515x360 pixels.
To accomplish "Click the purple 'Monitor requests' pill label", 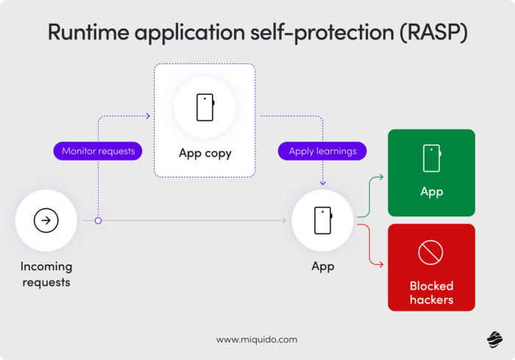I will coord(98,151).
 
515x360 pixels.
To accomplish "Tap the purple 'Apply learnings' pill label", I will coord(322,151).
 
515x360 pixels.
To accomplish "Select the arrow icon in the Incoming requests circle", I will coord(46,220).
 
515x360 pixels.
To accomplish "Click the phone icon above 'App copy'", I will coord(205,107).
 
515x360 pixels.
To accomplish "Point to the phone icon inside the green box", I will coord(431,158).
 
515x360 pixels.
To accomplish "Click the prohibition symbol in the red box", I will coord(430,253).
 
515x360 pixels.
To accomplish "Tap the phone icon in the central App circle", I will coord(322,220).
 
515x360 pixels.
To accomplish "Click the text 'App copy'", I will coord(205,154).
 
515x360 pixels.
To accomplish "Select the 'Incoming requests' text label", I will coord(46,274).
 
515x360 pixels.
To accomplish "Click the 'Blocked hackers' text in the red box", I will coord(431,292).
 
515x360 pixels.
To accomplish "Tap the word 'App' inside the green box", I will coord(431,192).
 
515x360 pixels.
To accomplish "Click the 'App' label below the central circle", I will coord(322,267).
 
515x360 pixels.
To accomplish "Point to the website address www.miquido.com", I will coord(257,339).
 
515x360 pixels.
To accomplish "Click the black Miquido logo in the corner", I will coord(494,339).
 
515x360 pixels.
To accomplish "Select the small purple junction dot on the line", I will coord(98,220).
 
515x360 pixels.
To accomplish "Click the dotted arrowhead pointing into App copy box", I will coord(147,116).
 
